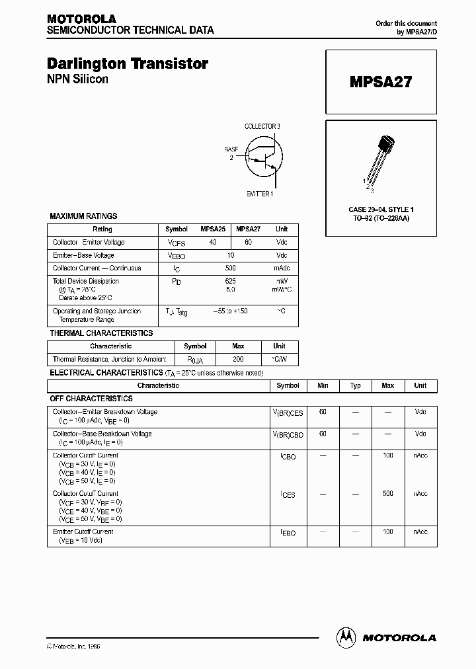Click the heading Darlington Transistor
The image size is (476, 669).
pos(128,63)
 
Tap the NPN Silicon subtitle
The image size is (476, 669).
pos(77,79)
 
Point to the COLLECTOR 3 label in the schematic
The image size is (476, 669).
pos(262,126)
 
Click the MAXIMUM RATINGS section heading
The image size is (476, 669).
pos(83,216)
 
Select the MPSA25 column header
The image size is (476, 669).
pos(213,229)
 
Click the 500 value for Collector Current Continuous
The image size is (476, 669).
pos(230,268)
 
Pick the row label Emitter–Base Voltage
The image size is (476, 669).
pos(83,255)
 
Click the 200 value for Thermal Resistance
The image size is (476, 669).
pos(238,359)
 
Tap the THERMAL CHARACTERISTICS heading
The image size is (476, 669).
pos(101,333)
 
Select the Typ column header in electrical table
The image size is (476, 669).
pos(355,385)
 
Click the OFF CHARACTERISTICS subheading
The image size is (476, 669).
pos(91,399)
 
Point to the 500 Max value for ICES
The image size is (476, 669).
pos(387,494)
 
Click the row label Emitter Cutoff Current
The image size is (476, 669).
pos(83,531)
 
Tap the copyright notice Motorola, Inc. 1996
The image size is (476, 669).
pos(73,646)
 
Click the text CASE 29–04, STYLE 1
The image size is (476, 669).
pos(381,210)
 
